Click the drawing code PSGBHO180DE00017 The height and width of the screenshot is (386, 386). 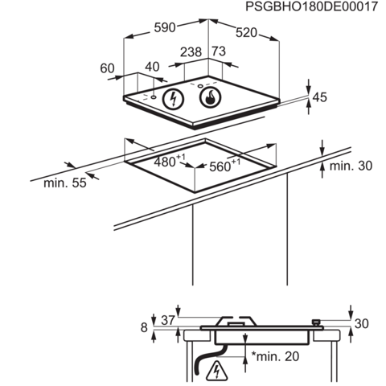click(312, 6)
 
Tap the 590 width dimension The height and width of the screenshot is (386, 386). click(165, 27)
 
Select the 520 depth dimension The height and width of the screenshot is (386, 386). click(246, 33)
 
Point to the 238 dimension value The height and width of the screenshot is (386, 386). click(191, 52)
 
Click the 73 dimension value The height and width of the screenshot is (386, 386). click(219, 51)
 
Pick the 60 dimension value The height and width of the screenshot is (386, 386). click(107, 68)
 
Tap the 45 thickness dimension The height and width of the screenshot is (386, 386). click(320, 97)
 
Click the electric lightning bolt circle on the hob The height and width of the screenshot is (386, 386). click(173, 99)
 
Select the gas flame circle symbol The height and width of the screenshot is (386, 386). click(211, 98)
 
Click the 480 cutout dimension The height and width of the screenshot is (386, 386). click(170, 161)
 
